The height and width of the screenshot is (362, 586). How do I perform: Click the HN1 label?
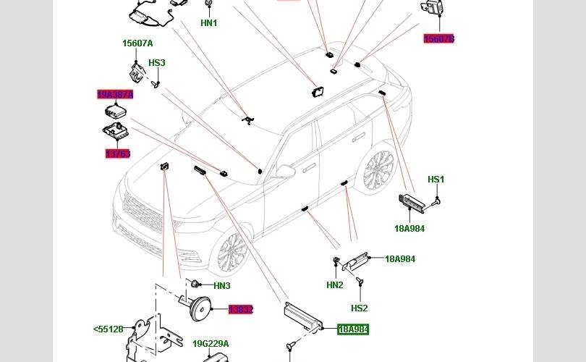208,23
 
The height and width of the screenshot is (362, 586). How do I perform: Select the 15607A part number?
137,43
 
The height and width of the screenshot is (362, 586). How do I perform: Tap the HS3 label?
157,63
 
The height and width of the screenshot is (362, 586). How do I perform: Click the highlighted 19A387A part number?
115,95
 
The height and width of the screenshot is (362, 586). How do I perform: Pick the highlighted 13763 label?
117,154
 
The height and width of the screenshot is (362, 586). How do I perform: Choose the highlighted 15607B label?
438,39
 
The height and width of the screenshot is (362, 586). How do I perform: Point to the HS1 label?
436,180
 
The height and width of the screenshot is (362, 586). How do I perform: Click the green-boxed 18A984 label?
353,329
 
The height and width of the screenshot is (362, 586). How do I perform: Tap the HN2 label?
334,285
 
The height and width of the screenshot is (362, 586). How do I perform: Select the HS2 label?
360,308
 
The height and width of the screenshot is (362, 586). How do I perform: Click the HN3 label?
221,286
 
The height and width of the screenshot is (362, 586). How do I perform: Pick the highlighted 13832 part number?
241,310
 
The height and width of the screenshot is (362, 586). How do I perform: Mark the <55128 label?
108,329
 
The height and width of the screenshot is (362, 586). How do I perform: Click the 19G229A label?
211,344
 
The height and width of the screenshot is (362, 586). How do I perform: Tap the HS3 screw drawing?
155,83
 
